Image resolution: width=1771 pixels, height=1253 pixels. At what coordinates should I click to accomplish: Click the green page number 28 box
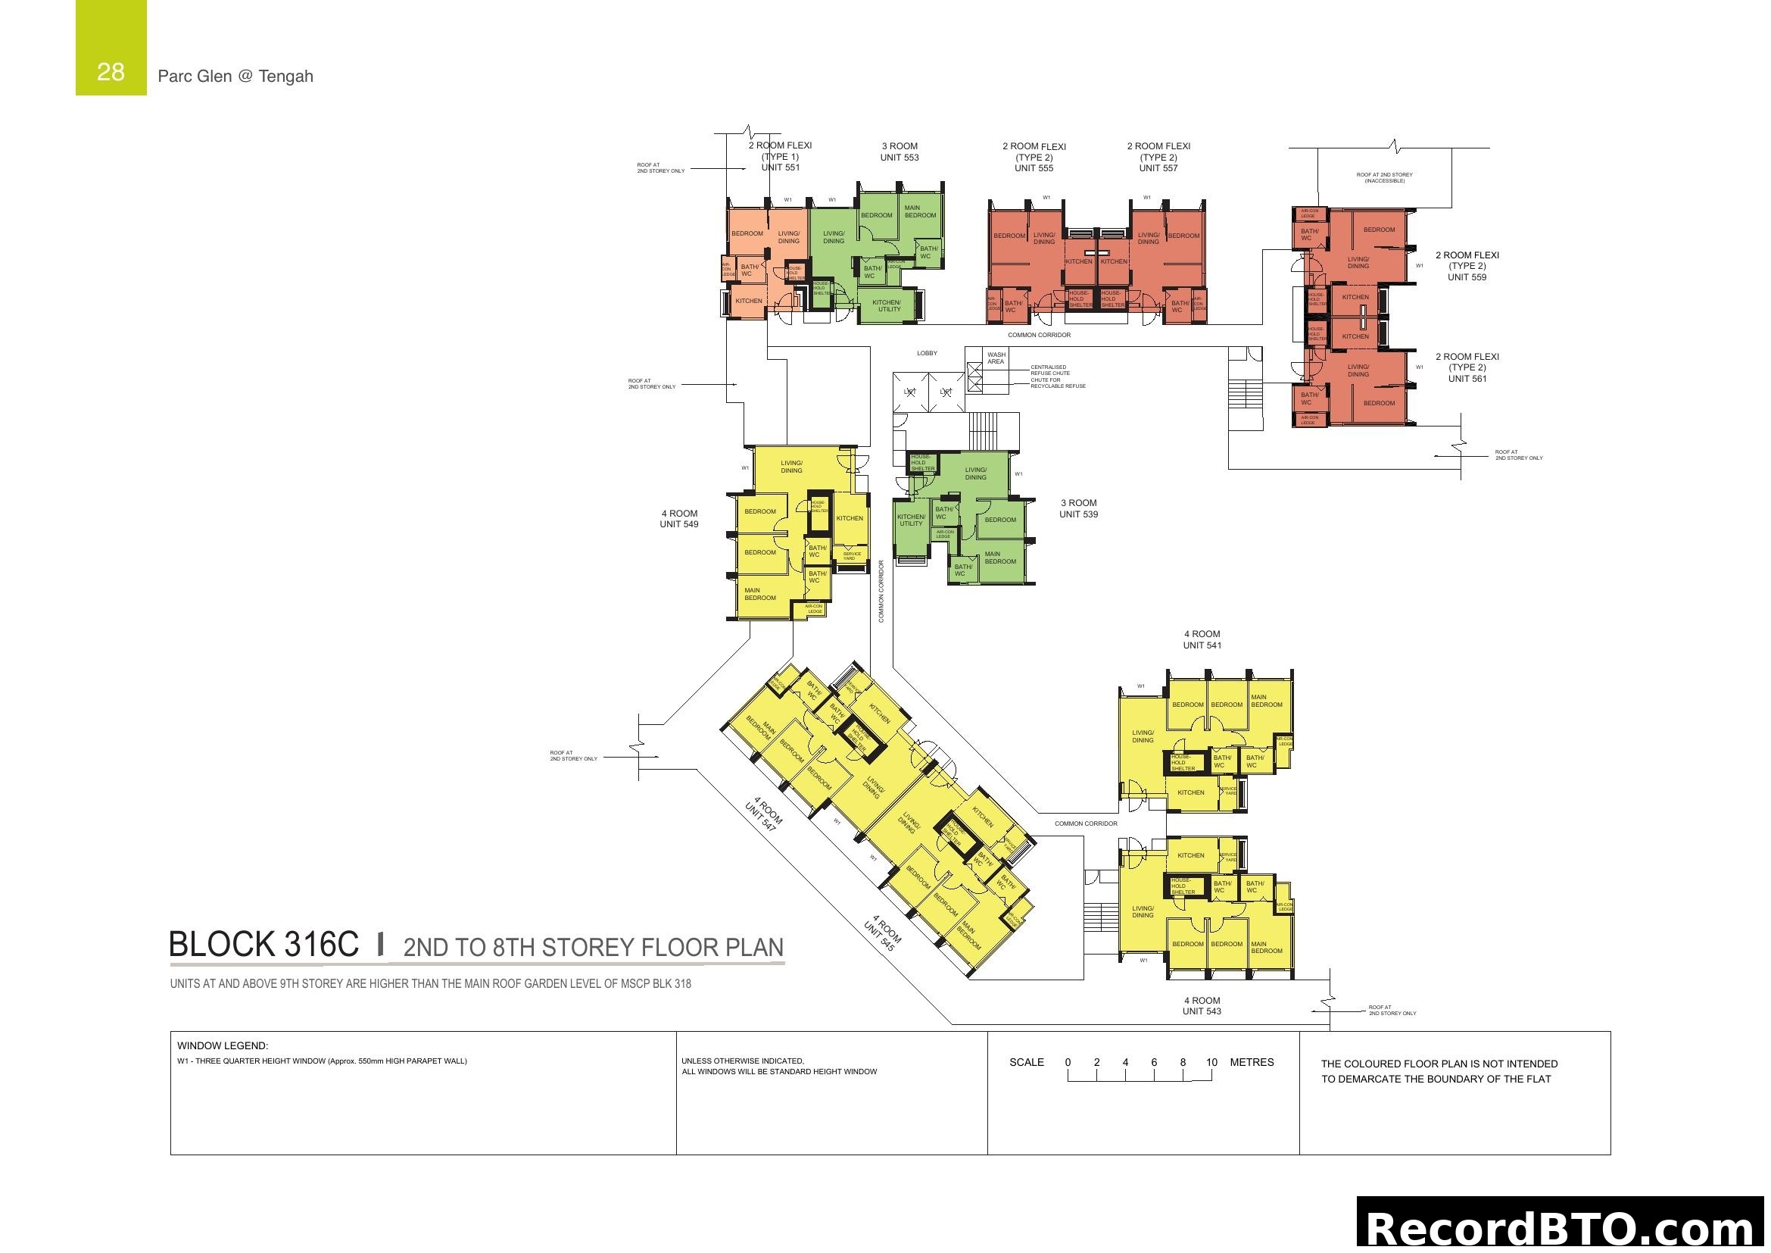click(x=111, y=48)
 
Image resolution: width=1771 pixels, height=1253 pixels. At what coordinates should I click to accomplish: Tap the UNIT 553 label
click(x=900, y=158)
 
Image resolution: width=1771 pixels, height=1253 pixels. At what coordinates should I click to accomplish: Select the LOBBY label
click(x=928, y=353)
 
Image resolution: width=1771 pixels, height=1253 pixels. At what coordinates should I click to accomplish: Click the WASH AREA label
click(x=996, y=358)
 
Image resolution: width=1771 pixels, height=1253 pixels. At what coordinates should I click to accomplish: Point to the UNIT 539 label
click(x=1078, y=514)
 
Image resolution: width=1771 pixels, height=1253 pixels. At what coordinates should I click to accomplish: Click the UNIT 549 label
click(x=678, y=525)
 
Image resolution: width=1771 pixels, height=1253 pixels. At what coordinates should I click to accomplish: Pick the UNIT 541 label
click(x=1202, y=645)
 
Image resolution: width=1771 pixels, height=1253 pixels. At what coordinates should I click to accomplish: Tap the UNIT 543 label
click(x=1202, y=1011)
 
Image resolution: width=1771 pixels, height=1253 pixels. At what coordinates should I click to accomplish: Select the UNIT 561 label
click(x=1467, y=379)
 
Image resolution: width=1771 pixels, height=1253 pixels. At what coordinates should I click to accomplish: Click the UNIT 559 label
click(x=1467, y=277)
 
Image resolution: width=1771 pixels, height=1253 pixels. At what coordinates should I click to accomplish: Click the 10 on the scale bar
click(x=1211, y=1062)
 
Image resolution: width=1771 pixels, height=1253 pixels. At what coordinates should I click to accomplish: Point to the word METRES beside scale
click(x=1252, y=1062)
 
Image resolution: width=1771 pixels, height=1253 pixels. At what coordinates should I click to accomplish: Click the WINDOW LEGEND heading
click(x=222, y=1046)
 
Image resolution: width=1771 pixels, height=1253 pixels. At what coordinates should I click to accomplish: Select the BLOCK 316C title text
click(x=263, y=945)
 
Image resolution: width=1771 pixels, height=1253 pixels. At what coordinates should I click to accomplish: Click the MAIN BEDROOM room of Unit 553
click(x=920, y=211)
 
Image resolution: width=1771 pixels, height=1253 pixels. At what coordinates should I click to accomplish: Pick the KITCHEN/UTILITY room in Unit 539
click(x=911, y=520)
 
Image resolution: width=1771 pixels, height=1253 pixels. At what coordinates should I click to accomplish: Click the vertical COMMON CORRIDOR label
click(x=881, y=591)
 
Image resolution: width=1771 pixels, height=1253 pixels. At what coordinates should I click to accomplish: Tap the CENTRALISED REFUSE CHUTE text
click(x=1049, y=370)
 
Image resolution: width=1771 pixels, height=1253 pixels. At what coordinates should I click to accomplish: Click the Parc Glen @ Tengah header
click(x=235, y=77)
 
